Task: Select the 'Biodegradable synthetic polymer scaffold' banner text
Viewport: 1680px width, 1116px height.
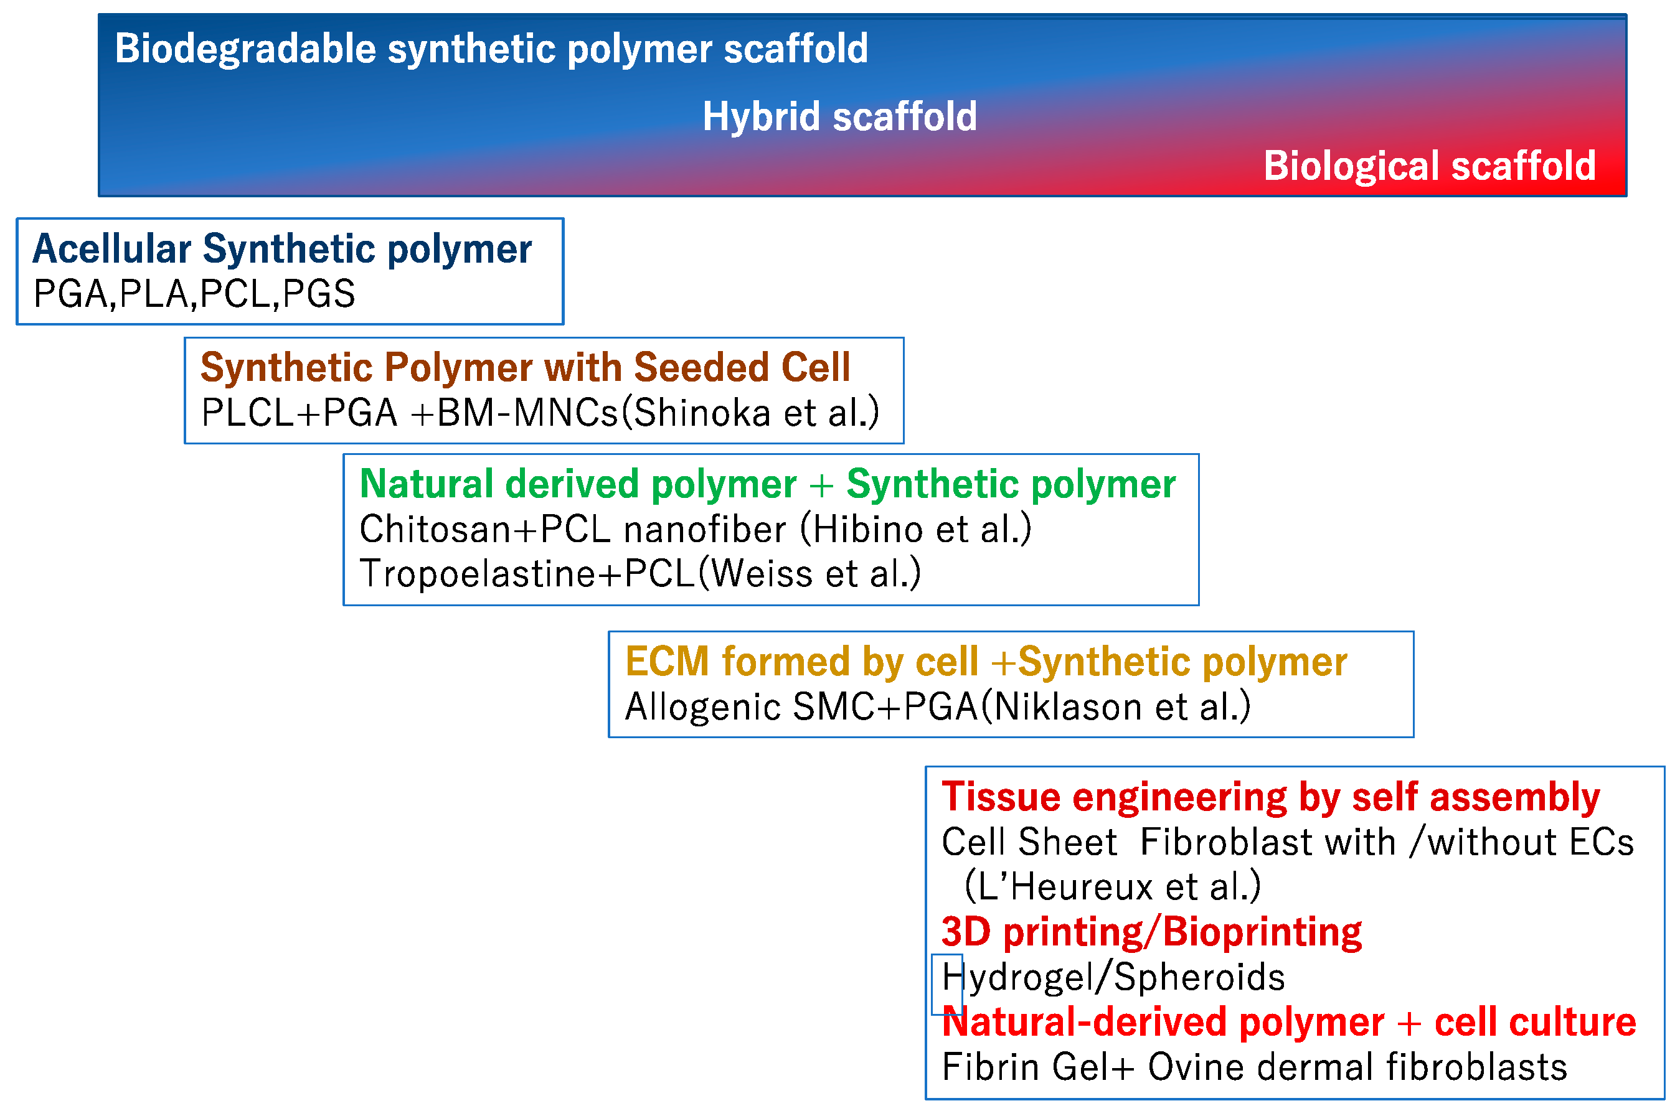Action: pos(491,49)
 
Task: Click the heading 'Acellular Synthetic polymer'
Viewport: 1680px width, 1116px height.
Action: pos(282,248)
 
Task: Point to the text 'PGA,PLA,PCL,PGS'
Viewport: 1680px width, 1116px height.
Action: pos(194,293)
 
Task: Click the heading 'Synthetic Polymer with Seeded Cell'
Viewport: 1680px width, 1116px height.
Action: pos(525,367)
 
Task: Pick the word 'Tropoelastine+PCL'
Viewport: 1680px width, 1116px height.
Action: pos(527,574)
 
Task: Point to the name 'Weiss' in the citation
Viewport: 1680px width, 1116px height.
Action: pos(761,574)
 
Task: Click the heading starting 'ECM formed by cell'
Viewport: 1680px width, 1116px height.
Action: pos(985,661)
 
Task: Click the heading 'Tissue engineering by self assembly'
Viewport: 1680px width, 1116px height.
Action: pos(1270,797)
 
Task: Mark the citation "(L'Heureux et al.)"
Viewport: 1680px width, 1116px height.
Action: pos(1112,887)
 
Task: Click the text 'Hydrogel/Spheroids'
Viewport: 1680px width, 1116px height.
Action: pos(1113,977)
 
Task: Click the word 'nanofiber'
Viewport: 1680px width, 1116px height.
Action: pos(705,529)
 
